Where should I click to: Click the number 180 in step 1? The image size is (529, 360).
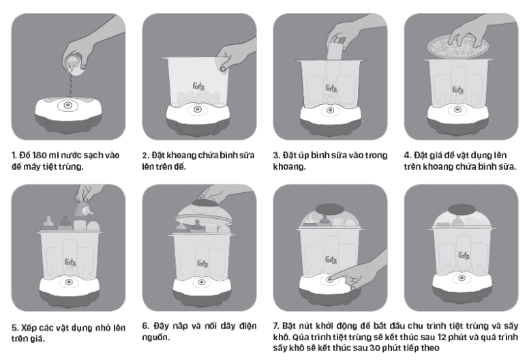point(40,155)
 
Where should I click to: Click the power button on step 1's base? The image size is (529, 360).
point(67,105)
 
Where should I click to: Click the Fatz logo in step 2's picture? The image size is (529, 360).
point(198,87)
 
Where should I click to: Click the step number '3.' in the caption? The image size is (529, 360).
point(277,155)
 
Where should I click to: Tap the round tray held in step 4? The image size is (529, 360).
point(458,46)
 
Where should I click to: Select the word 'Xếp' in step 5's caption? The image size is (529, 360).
point(29,327)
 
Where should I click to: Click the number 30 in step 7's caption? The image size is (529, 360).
point(374,348)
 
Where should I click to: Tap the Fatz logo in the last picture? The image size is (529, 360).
point(464,256)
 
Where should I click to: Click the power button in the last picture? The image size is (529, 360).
point(462,278)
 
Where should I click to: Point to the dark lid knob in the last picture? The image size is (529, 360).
point(462,209)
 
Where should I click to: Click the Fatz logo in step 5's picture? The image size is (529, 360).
point(70,262)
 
